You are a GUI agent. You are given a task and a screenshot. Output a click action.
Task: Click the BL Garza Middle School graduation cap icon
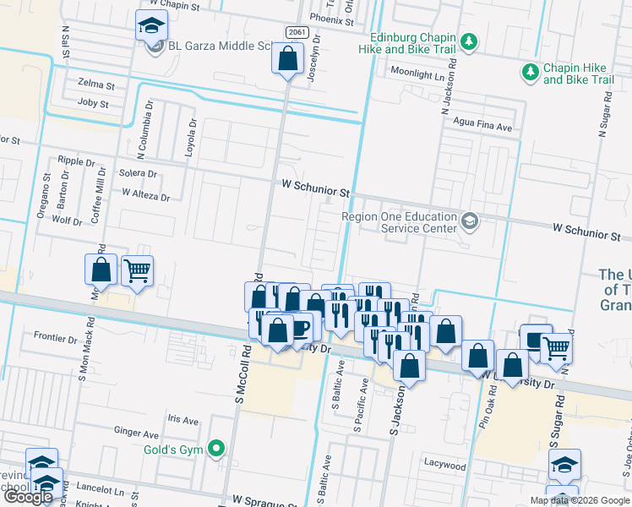(150, 26)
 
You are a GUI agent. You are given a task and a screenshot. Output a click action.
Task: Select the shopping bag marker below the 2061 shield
(287, 59)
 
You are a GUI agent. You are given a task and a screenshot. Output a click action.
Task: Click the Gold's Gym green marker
(217, 449)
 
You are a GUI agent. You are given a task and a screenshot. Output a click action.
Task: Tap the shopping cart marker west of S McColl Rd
(137, 271)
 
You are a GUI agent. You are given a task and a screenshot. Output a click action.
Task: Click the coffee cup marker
(300, 327)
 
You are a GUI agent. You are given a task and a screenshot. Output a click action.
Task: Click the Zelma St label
(95, 85)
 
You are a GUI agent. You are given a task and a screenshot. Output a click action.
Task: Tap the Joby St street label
(93, 104)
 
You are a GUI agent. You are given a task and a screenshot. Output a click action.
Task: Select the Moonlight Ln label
(417, 75)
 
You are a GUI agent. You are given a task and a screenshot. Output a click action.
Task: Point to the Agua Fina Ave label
(483, 128)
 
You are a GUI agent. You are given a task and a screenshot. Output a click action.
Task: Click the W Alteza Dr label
(145, 194)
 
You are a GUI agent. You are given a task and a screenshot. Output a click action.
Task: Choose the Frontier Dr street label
(56, 338)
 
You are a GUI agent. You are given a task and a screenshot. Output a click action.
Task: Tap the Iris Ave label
(183, 420)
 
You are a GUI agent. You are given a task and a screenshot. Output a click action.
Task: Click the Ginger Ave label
(138, 431)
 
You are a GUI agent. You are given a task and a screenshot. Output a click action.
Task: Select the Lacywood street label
(445, 466)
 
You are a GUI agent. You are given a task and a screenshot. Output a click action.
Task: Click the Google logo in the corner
(28, 498)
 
